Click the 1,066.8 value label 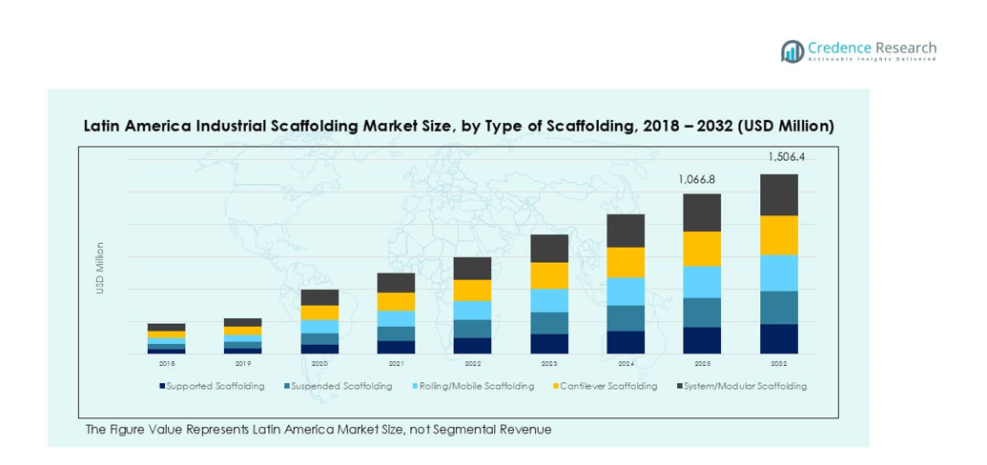pos(701,178)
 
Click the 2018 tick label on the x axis pos(167,364)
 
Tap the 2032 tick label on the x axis pos(778,364)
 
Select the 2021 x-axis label pos(396,364)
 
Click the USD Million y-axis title pos(99,268)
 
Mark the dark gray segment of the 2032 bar pos(778,195)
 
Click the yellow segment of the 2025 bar pos(702,249)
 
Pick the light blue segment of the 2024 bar pos(626,292)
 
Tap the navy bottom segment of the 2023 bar pos(549,344)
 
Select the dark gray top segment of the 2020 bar pos(319,297)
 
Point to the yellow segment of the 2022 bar pos(472,291)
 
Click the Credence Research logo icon pos(792,51)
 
